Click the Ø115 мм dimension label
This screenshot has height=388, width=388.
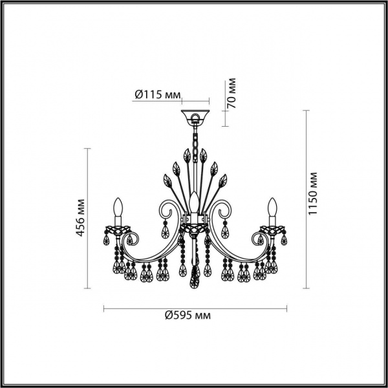coord(157,94)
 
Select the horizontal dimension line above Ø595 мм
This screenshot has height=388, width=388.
coord(194,306)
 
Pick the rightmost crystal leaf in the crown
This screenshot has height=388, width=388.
coord(222,179)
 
